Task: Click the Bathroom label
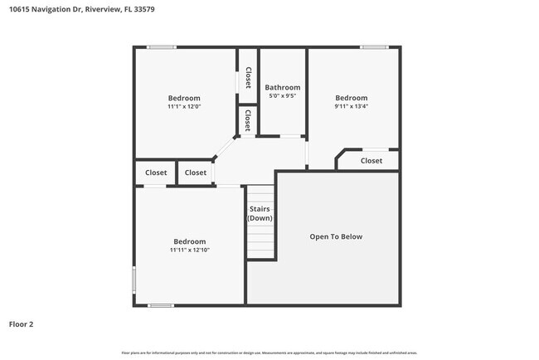pos(282,87)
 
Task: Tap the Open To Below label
pos(336,236)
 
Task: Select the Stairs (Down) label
pos(260,213)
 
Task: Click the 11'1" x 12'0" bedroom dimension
pos(184,106)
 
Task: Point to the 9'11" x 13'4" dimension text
pos(351,106)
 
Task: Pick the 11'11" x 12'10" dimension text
pos(189,250)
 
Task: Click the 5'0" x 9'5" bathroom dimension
pos(282,96)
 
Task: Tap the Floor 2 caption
pos(21,324)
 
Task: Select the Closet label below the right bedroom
pos(371,161)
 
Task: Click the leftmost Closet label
pos(156,173)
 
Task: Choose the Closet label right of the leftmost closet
pos(196,173)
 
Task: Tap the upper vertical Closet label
pos(247,77)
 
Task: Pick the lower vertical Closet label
pos(247,120)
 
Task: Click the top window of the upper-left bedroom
pos(162,47)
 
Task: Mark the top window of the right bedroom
pos(374,47)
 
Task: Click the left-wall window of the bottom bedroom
pos(134,278)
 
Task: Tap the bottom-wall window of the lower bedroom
pos(161,305)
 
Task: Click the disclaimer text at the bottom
pos(269,353)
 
